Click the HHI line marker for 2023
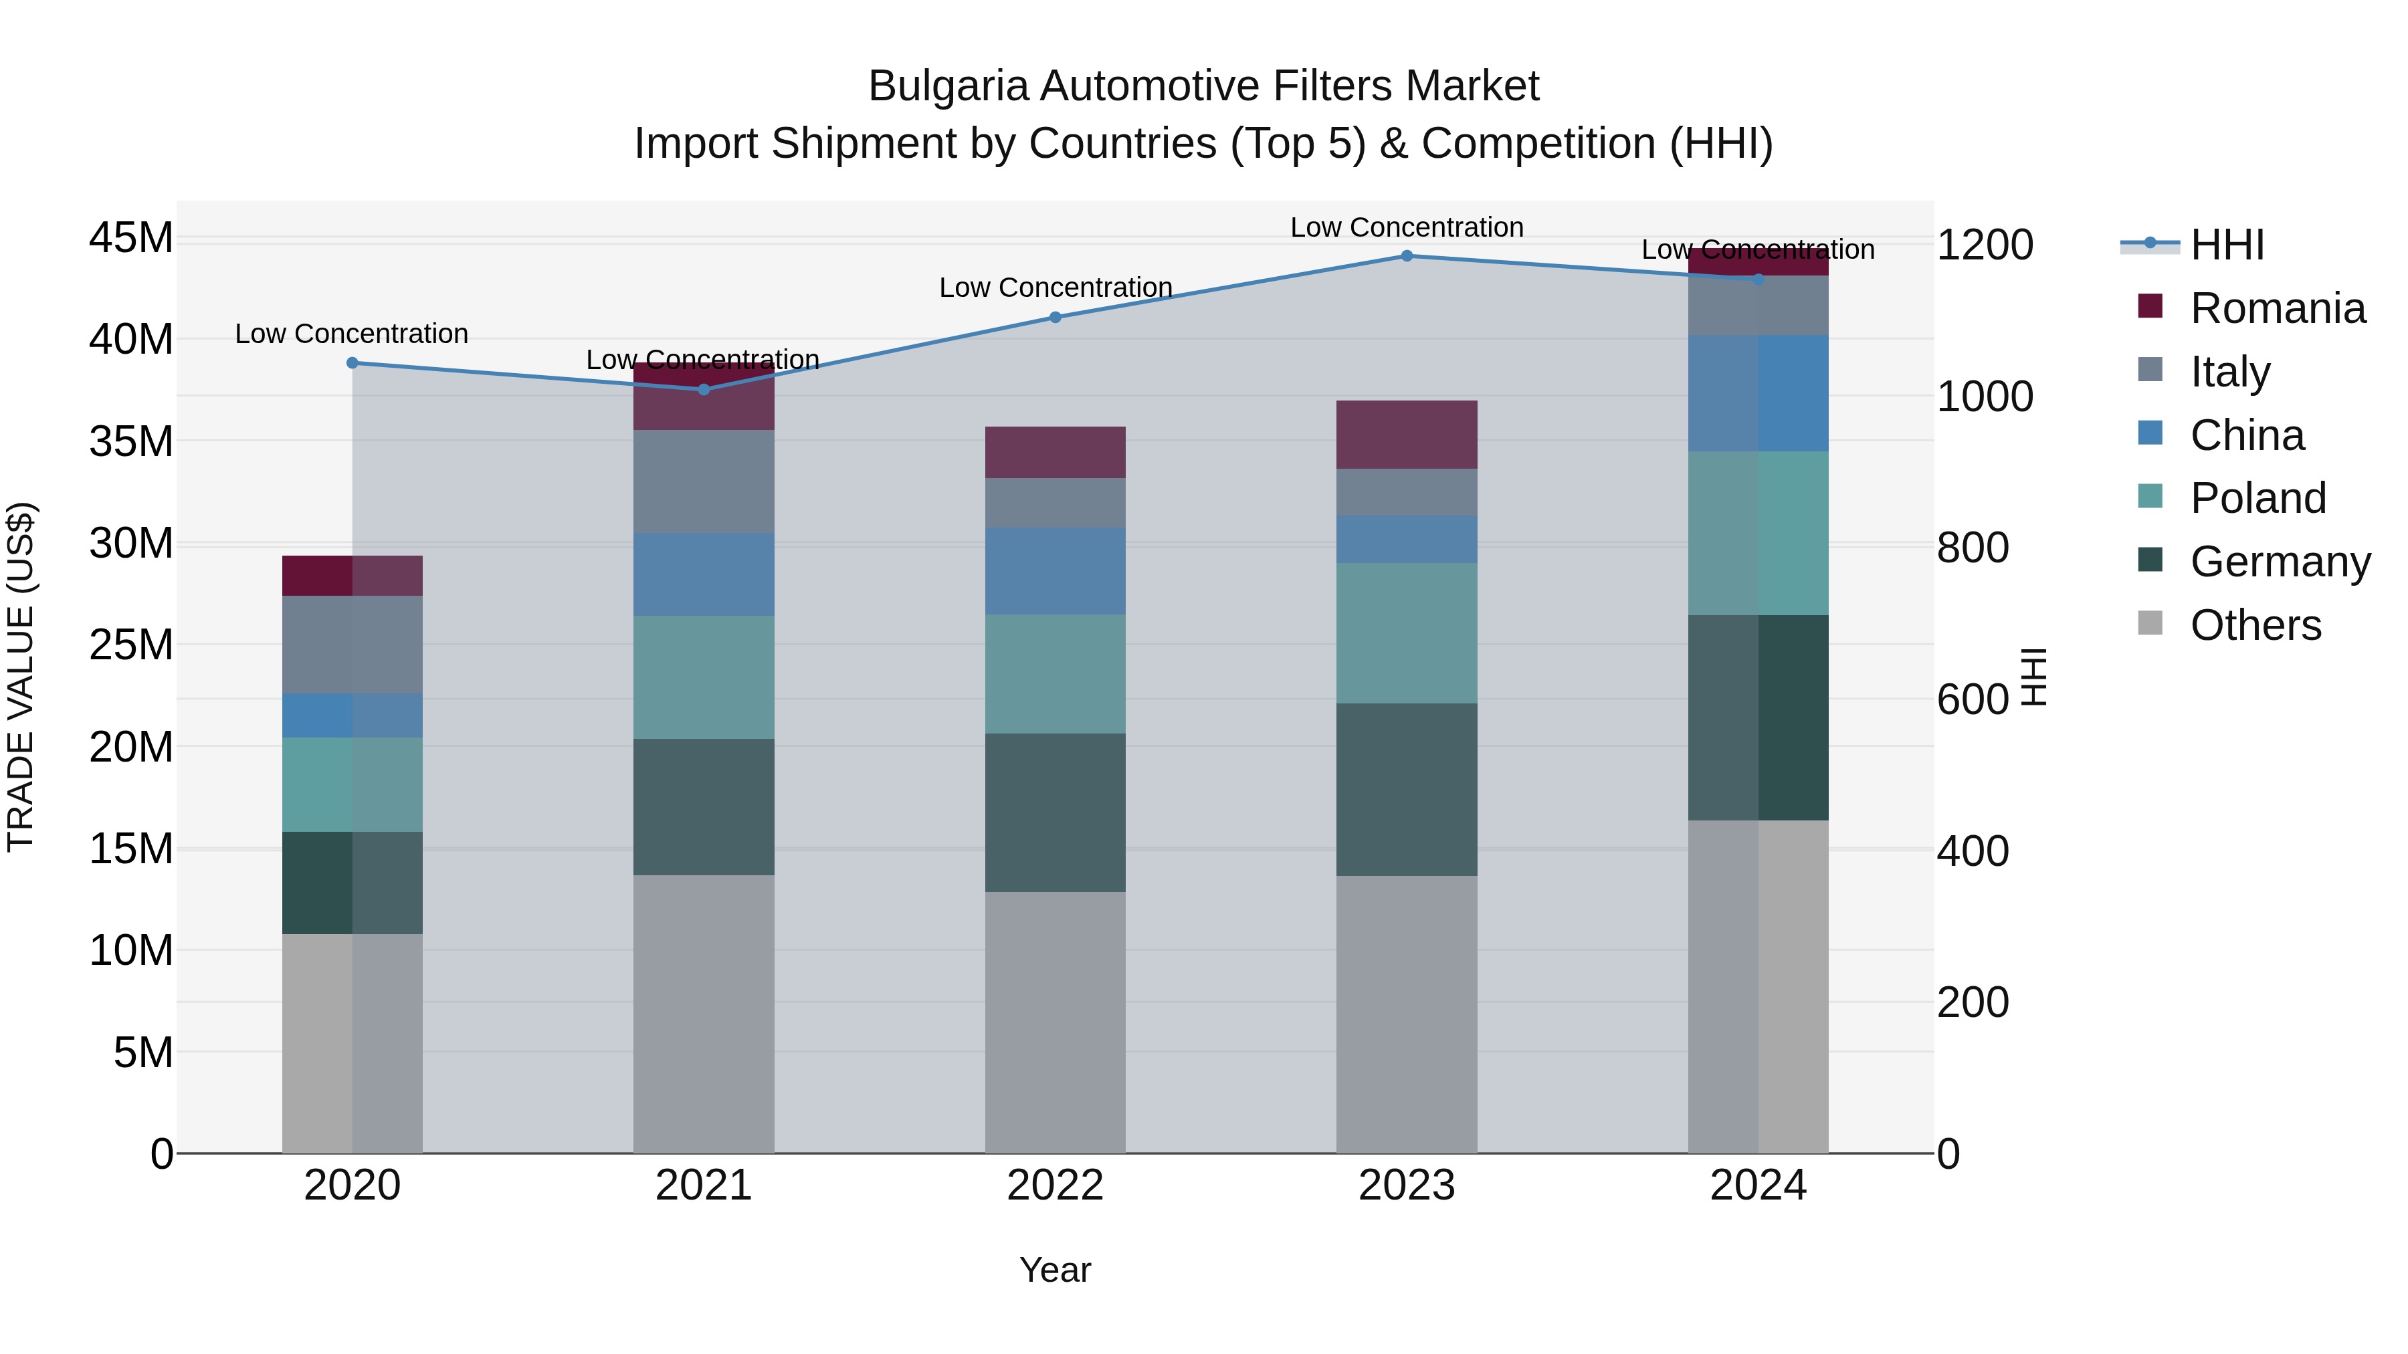1407,256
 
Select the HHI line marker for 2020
353,362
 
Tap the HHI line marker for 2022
1056,318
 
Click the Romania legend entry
2277,308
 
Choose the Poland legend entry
2257,498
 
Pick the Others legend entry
2255,625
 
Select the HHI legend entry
2227,245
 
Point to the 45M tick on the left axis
131,238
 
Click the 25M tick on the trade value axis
131,645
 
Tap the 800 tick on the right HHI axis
1973,548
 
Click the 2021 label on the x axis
704,1186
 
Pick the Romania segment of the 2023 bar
1407,435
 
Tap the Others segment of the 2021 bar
704,1014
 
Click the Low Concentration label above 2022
1056,288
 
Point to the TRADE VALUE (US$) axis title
21,677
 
